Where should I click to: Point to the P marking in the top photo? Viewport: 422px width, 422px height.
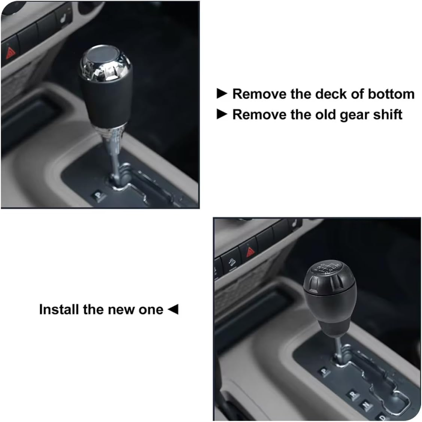tap(98, 195)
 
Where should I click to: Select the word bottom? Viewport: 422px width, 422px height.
tap(391, 94)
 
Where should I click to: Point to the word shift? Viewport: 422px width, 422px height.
tap(387, 114)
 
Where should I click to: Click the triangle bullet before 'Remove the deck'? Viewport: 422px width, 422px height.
tap(222, 94)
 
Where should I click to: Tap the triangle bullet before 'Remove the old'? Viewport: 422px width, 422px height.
tap(222, 114)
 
